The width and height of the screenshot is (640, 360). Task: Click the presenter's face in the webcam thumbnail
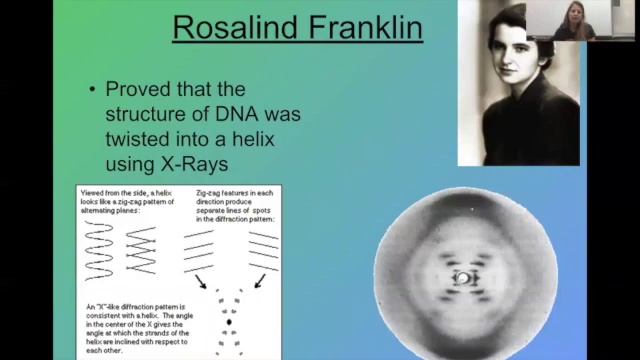click(x=578, y=20)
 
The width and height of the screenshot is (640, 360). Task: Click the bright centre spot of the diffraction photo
click(x=463, y=277)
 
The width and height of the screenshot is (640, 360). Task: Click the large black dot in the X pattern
click(x=230, y=322)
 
